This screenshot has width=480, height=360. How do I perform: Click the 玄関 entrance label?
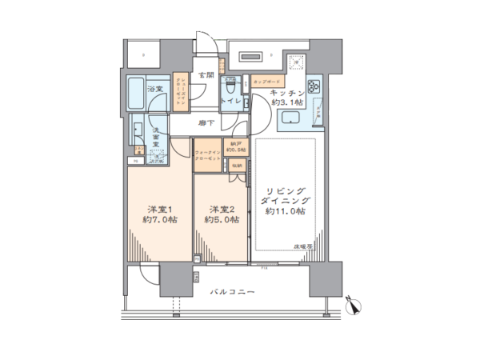205,76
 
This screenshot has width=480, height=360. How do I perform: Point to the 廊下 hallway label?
207,125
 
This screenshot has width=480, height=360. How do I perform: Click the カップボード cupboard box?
265,82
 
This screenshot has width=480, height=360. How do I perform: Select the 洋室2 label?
218,208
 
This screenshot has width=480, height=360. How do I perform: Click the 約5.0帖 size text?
218,219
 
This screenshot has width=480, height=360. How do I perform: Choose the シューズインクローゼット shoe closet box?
183,94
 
